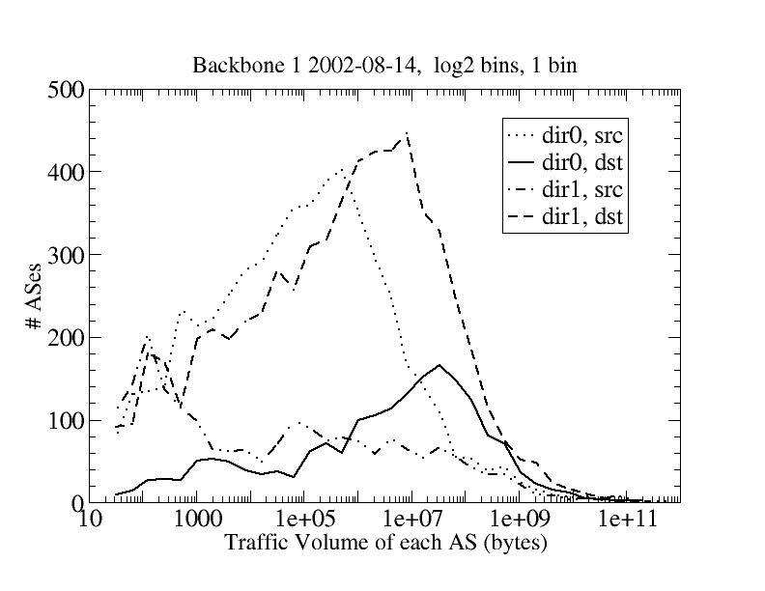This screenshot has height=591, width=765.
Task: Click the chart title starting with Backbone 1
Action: [385, 66]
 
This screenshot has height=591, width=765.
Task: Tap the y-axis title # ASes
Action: [35, 296]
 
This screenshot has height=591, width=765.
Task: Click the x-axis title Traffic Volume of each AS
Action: [385, 543]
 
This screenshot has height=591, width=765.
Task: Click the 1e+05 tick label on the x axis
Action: [304, 522]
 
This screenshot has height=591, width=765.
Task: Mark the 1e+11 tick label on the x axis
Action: [628, 522]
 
